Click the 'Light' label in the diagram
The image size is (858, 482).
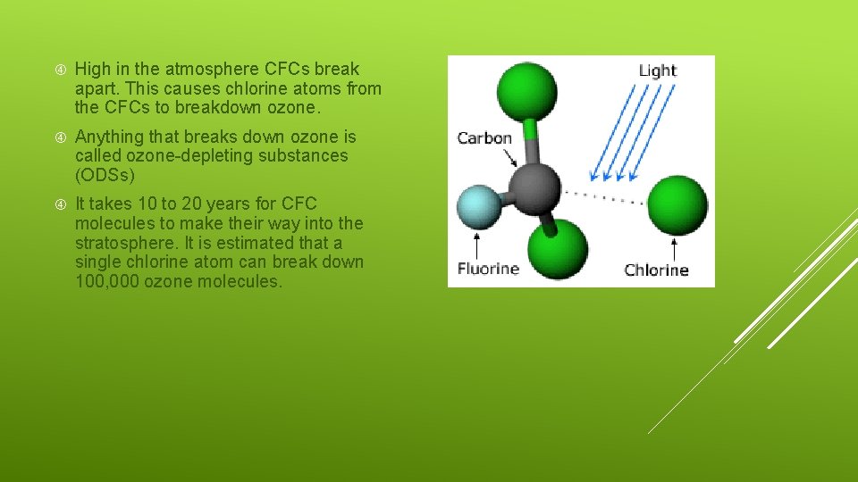pos(658,71)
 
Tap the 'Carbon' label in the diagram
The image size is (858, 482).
pos(484,138)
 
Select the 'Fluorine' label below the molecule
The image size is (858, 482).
pos(488,268)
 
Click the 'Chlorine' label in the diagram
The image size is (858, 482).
pos(656,270)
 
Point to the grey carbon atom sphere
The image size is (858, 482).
pos(534,188)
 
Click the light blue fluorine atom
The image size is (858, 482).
pos(479,206)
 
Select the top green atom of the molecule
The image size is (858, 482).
pos(526,92)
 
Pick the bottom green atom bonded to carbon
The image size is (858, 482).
pos(557,249)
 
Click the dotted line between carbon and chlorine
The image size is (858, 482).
pos(603,196)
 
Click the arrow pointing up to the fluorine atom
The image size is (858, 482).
pos(478,245)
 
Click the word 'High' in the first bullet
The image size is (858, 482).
pos(93,70)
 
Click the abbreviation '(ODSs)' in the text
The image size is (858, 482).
pos(105,175)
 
